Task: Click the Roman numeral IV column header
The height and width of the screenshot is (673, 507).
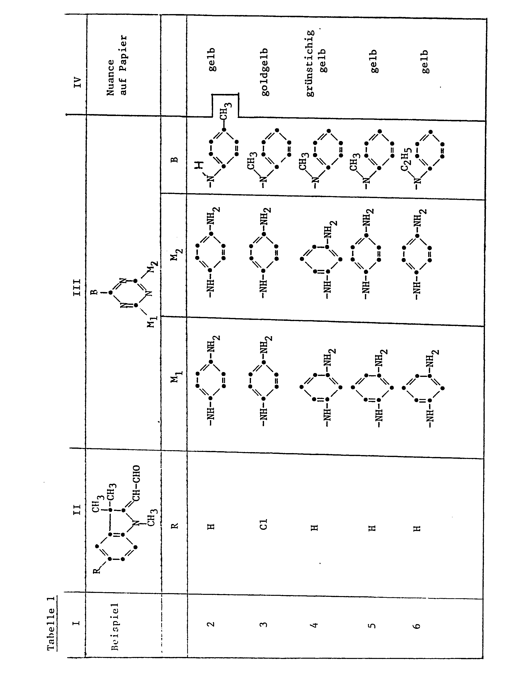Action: (78, 83)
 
